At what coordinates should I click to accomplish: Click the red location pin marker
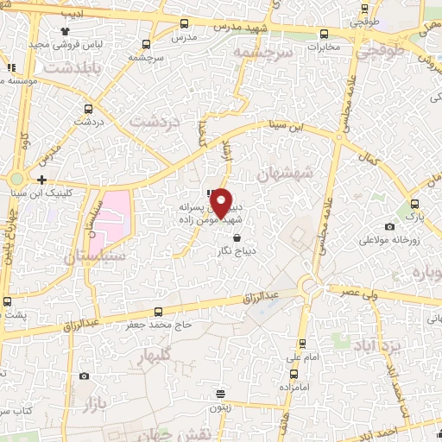pos(222,204)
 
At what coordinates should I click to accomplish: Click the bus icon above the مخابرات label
pos(324,35)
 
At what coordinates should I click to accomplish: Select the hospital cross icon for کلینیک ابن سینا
pos(41,180)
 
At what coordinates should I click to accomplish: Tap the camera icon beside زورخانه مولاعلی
pos(390,227)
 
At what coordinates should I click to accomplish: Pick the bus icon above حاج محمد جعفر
pos(157,311)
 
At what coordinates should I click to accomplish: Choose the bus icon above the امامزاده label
pos(295,374)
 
